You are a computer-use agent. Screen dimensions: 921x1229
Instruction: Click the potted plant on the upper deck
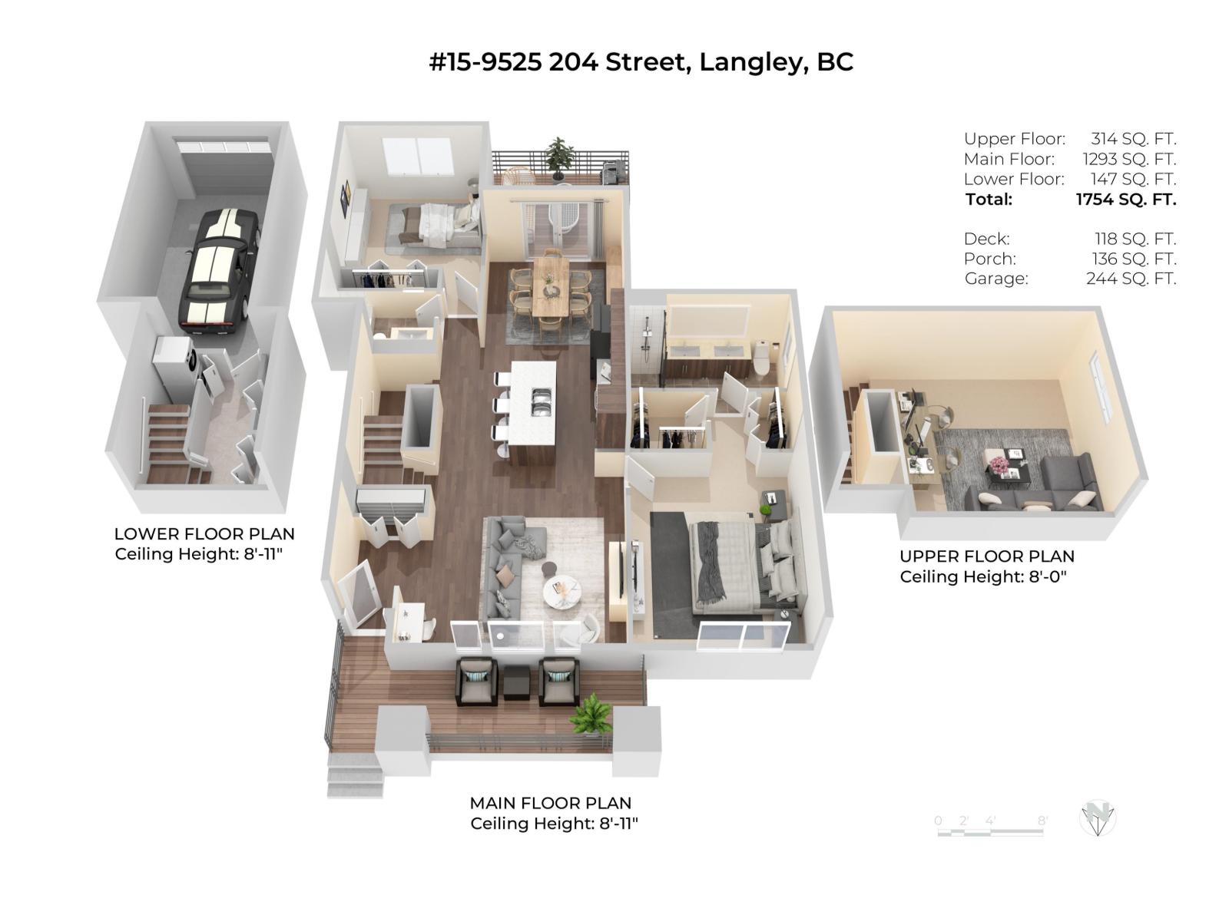tap(560, 157)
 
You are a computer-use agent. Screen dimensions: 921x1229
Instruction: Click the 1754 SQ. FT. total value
tap(1126, 200)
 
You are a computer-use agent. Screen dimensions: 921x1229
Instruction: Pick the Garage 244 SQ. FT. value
tap(1131, 279)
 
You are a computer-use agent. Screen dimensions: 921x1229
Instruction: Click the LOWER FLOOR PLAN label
tap(204, 533)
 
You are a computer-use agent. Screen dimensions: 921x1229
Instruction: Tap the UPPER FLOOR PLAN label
tap(987, 556)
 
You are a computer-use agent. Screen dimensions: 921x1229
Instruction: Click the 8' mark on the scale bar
tap(1042, 820)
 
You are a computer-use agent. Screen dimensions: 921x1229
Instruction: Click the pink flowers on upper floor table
tap(999, 464)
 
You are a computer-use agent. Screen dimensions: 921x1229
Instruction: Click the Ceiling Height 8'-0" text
tap(983, 577)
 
